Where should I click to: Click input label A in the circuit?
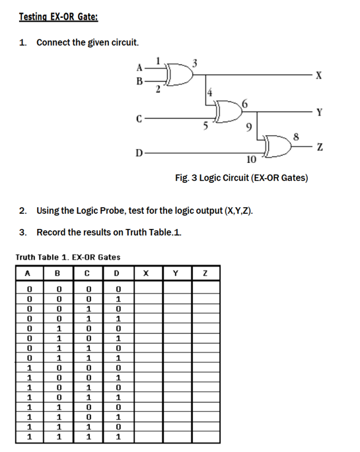[139, 66]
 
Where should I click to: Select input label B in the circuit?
[139, 82]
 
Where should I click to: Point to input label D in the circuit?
[137, 153]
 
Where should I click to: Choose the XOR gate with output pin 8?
[277, 146]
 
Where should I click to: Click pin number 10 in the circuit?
[250, 160]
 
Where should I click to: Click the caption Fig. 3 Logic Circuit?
[241, 178]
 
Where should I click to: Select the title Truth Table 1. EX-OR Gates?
[67, 257]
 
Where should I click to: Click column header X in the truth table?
[146, 272]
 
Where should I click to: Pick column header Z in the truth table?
[205, 272]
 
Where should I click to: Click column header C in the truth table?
[87, 272]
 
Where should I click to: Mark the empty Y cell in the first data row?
[175, 288]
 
